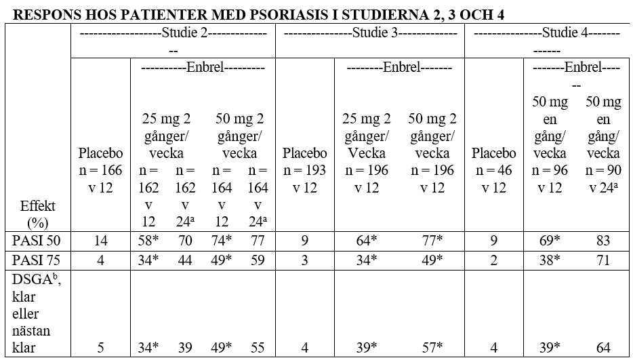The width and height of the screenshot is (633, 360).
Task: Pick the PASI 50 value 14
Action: tap(100, 240)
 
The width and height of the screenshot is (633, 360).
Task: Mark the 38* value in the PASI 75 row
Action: tap(550, 260)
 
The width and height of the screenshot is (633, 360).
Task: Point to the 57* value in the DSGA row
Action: tap(432, 348)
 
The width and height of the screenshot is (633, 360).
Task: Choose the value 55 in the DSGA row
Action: tap(257, 348)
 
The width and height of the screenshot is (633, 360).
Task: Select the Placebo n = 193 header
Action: tap(305, 169)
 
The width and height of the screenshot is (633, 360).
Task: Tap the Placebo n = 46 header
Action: tap(493, 169)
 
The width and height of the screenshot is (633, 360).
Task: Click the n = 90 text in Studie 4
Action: tap(603, 170)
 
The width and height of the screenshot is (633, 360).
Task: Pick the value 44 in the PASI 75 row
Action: tap(184, 260)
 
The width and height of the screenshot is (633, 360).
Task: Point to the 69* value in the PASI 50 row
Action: tap(550, 240)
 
